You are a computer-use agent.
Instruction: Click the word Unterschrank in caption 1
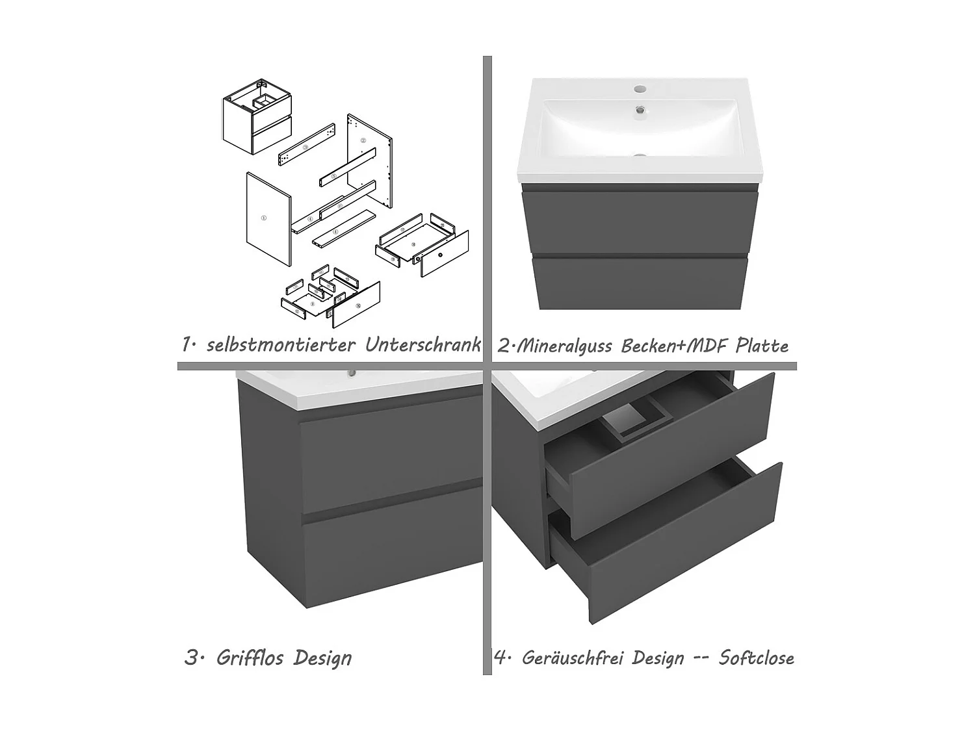(422, 344)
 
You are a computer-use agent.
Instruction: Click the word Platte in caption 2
(762, 346)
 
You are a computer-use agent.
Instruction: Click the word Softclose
(756, 658)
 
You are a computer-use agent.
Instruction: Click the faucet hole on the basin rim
(640, 87)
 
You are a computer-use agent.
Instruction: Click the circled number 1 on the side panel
(263, 218)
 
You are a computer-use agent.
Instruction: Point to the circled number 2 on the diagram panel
(364, 140)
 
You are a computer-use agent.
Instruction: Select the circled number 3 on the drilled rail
(305, 148)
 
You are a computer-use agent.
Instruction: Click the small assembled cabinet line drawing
(257, 117)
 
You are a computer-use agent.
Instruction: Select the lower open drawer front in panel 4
(682, 546)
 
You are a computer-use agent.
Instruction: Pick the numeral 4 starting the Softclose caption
(500, 658)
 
